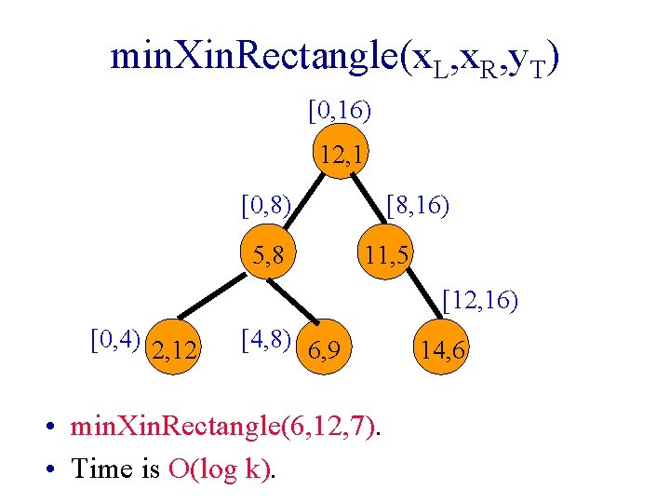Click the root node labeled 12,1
[342, 154]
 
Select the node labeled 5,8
[266, 252]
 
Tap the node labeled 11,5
[389, 252]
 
